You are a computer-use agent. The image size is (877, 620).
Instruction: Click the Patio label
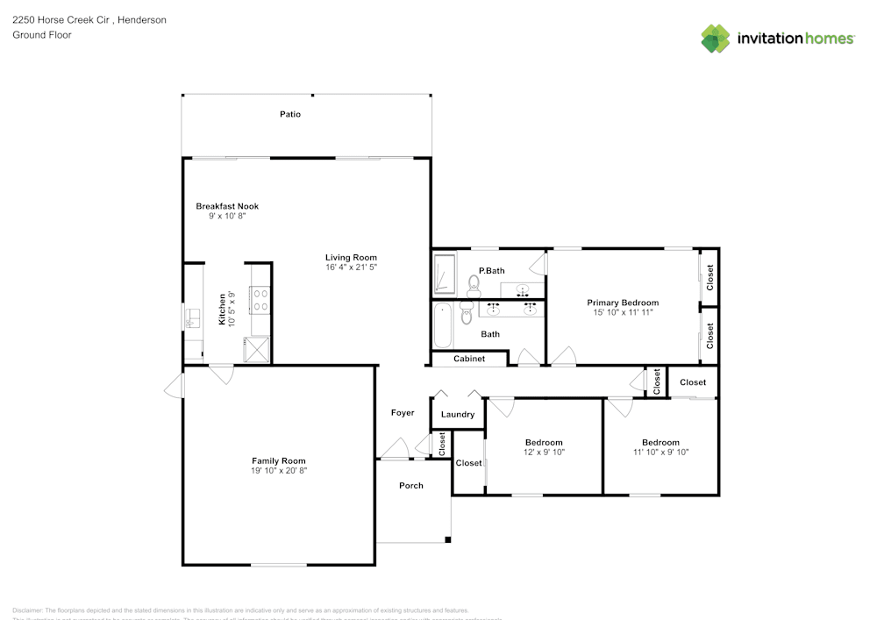click(x=290, y=114)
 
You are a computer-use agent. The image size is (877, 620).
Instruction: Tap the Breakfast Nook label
click(x=227, y=206)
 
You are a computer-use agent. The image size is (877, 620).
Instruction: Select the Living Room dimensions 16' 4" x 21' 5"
click(x=351, y=267)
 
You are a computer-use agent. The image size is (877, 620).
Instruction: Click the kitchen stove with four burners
click(x=260, y=301)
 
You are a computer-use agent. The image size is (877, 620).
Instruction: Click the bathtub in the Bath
click(x=442, y=326)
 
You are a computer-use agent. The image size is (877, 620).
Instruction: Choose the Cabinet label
click(x=469, y=359)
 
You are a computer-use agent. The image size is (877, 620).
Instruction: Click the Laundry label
click(x=458, y=414)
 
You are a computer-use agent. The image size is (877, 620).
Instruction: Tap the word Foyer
click(x=403, y=412)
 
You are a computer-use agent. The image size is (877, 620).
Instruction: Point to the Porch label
click(x=411, y=485)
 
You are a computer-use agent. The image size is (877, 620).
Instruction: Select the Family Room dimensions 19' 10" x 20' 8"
click(x=279, y=470)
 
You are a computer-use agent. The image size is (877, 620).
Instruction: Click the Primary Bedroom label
click(x=623, y=303)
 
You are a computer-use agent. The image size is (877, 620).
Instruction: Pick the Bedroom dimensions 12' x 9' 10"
click(x=544, y=452)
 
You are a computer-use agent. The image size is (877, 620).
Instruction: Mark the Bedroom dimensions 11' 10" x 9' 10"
click(x=660, y=452)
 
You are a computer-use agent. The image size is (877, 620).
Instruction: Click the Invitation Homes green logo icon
click(x=716, y=39)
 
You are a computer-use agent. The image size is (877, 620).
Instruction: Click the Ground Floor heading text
click(x=42, y=35)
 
